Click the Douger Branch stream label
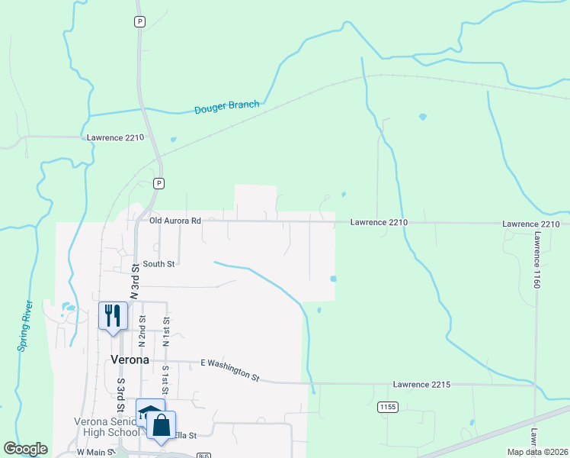point(227,108)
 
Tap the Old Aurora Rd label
point(175,221)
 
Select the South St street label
point(159,264)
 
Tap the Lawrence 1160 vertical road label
point(536,260)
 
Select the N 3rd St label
point(136,279)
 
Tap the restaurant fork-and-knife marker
point(114,315)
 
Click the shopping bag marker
point(162,426)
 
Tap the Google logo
point(25,449)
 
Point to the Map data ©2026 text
point(536,452)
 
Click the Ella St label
point(186,435)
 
